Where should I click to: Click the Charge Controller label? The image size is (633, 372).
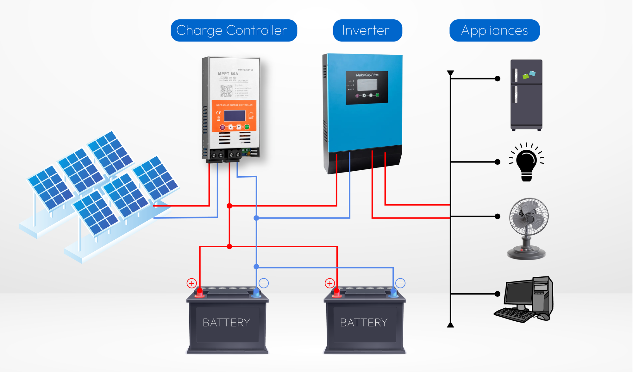234,30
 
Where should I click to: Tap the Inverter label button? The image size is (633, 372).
367,30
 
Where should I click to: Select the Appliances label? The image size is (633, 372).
494,30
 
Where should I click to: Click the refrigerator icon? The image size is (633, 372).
526,95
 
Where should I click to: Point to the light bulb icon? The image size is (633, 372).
526,163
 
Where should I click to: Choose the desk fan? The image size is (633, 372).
528,228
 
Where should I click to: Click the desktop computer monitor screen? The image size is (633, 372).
518,293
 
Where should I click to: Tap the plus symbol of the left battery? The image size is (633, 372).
191,283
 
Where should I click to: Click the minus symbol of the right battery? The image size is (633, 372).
400,283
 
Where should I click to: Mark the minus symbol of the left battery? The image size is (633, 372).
264,283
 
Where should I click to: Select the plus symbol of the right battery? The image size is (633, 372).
330,283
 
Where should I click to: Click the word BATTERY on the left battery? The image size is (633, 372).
226,323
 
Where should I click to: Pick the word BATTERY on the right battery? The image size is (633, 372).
364,323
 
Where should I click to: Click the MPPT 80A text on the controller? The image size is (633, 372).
228,74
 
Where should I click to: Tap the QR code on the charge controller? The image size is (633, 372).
226,91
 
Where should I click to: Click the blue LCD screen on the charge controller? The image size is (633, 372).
235,116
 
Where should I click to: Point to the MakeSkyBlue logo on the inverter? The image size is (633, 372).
367,75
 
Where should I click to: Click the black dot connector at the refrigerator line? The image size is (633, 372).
498,79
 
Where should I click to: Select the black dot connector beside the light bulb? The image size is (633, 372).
498,162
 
